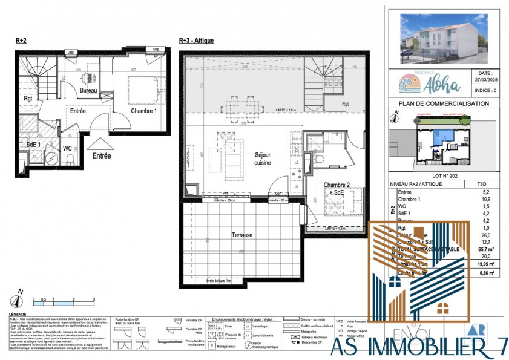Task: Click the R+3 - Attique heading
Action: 197,41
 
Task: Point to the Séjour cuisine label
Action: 262,159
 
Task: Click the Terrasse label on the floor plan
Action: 242,234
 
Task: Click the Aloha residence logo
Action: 422,83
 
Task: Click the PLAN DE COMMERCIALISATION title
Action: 439,104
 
